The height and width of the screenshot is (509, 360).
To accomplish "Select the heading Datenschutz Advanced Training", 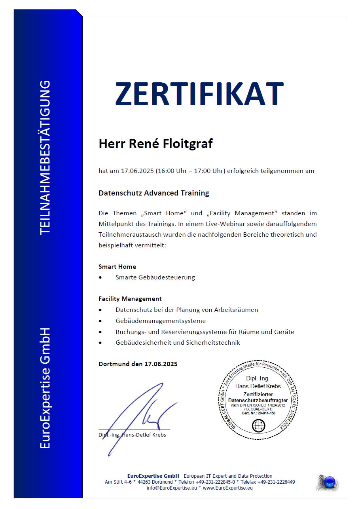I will point(153,193).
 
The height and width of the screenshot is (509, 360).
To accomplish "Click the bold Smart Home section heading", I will point(117,267).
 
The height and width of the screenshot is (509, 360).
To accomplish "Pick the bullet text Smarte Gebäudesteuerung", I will point(155,277).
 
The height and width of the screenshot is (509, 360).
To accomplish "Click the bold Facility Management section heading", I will point(130,299).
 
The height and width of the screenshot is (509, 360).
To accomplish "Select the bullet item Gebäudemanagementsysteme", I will point(161,321).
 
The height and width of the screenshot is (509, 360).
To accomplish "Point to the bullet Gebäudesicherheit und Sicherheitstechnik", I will point(178,342).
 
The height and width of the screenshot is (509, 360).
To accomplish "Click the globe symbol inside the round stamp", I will point(258,425).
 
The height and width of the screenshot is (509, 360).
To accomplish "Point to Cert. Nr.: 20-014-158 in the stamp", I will point(258,413).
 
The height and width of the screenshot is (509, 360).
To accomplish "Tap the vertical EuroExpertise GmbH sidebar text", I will point(45,388).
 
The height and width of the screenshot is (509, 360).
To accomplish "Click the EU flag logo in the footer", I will point(328,482).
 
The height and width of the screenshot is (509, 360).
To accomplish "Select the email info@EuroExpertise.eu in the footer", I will point(172,488).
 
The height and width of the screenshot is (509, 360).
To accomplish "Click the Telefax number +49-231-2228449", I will point(276,482).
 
